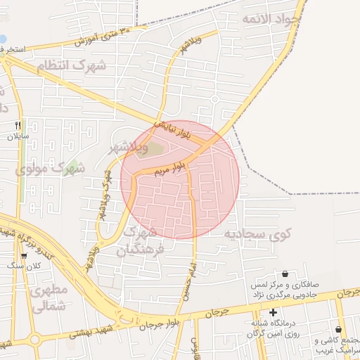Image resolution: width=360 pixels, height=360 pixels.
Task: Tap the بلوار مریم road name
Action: coord(172,166)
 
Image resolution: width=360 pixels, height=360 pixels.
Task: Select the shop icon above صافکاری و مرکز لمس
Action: coord(285,274)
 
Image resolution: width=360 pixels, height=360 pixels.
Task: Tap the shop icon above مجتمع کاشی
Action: coord(339,330)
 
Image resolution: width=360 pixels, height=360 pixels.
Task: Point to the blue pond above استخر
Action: coord(3,39)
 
